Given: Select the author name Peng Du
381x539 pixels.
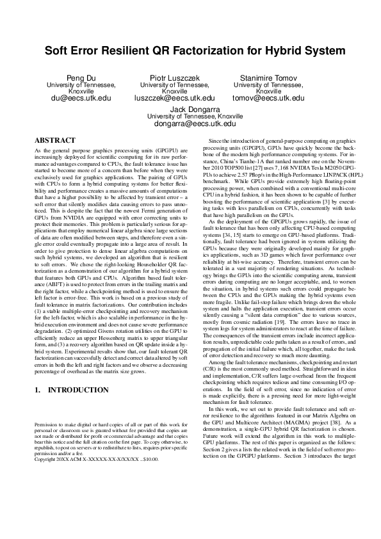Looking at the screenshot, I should point(81,78).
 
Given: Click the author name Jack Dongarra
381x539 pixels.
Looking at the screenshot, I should point(190,109).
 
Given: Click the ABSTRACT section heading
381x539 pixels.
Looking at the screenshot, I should point(54,139).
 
